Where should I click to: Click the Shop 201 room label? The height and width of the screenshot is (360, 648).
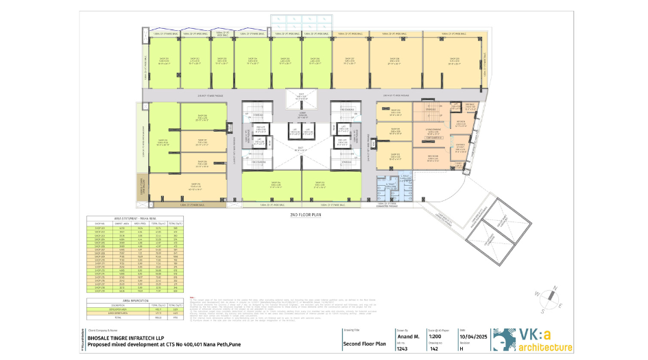pos(165,60)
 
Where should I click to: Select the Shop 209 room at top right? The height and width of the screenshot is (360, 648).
pos(453,60)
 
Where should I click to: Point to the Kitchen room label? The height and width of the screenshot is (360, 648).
pos(461,123)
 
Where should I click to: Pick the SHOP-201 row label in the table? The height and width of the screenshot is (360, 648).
pos(99,228)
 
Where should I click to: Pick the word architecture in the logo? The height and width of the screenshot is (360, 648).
pos(544,348)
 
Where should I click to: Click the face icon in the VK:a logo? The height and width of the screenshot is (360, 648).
pos(503,339)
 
